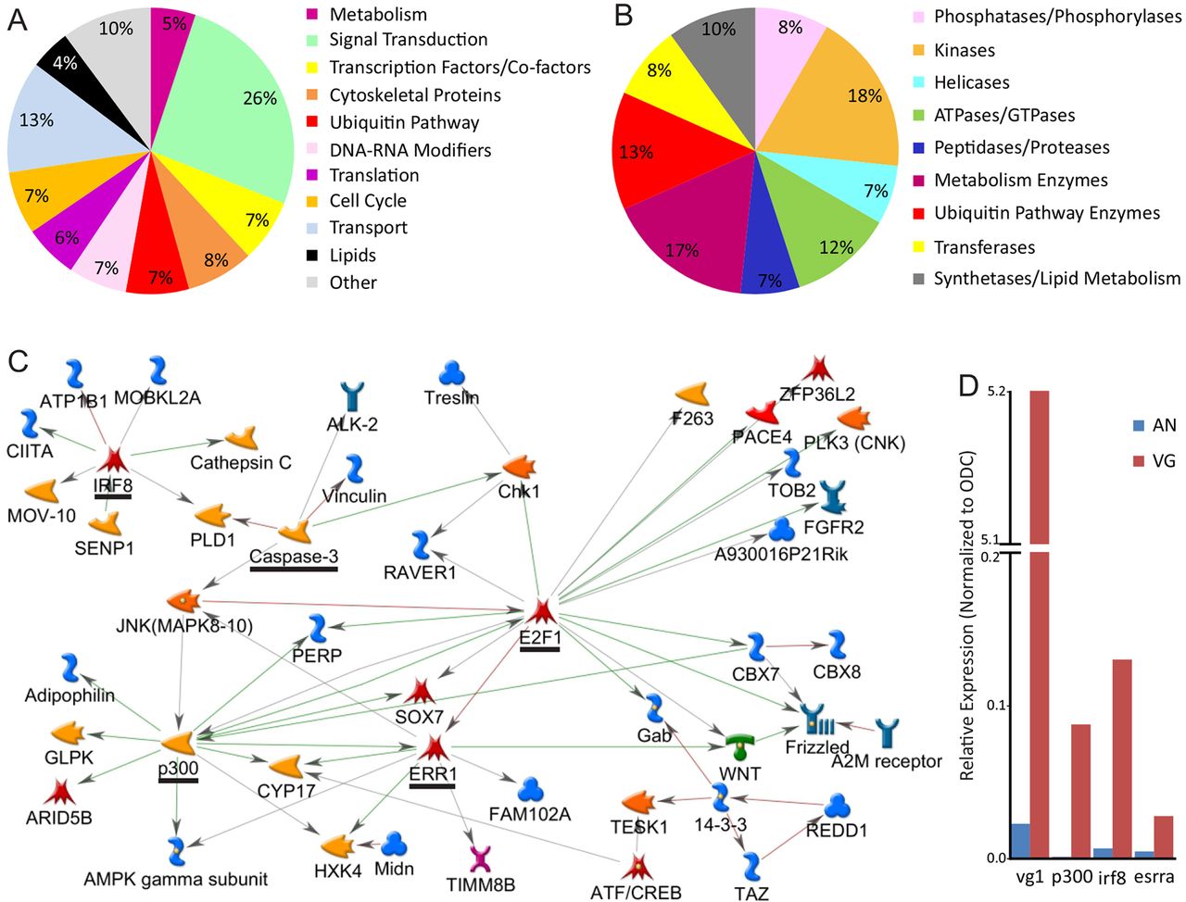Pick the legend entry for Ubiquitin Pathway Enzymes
click(1046, 213)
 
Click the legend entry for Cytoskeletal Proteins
click(414, 94)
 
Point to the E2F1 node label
click(539, 637)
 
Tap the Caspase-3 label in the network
click(293, 557)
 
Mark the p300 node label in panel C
click(178, 767)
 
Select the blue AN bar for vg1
click(1020, 840)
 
